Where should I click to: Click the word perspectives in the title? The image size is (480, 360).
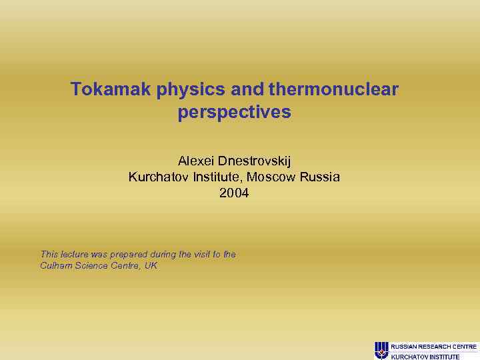[x=234, y=113]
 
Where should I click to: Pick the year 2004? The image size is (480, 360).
[x=234, y=194]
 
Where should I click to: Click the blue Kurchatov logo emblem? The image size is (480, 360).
[x=381, y=349]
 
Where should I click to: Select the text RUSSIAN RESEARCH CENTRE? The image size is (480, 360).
[x=434, y=347]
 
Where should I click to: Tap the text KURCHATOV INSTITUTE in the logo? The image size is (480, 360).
[x=425, y=357]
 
